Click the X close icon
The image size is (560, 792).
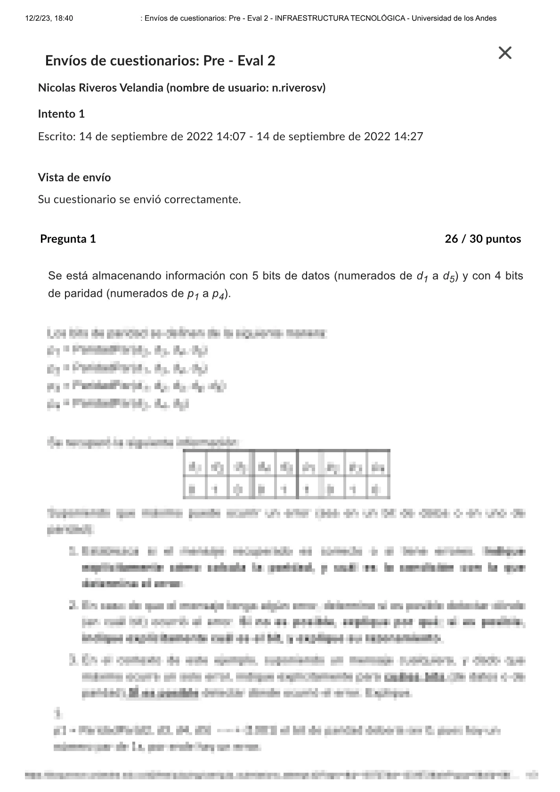(504, 53)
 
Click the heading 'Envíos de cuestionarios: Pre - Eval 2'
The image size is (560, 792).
(160, 61)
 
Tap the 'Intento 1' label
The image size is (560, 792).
(61, 114)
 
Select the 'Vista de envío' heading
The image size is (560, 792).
(74, 177)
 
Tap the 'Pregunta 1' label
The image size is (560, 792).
(68, 239)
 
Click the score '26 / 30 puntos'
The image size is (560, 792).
(483, 239)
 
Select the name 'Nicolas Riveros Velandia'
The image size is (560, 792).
(100, 88)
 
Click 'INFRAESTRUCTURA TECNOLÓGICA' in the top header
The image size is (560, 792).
(340, 18)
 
